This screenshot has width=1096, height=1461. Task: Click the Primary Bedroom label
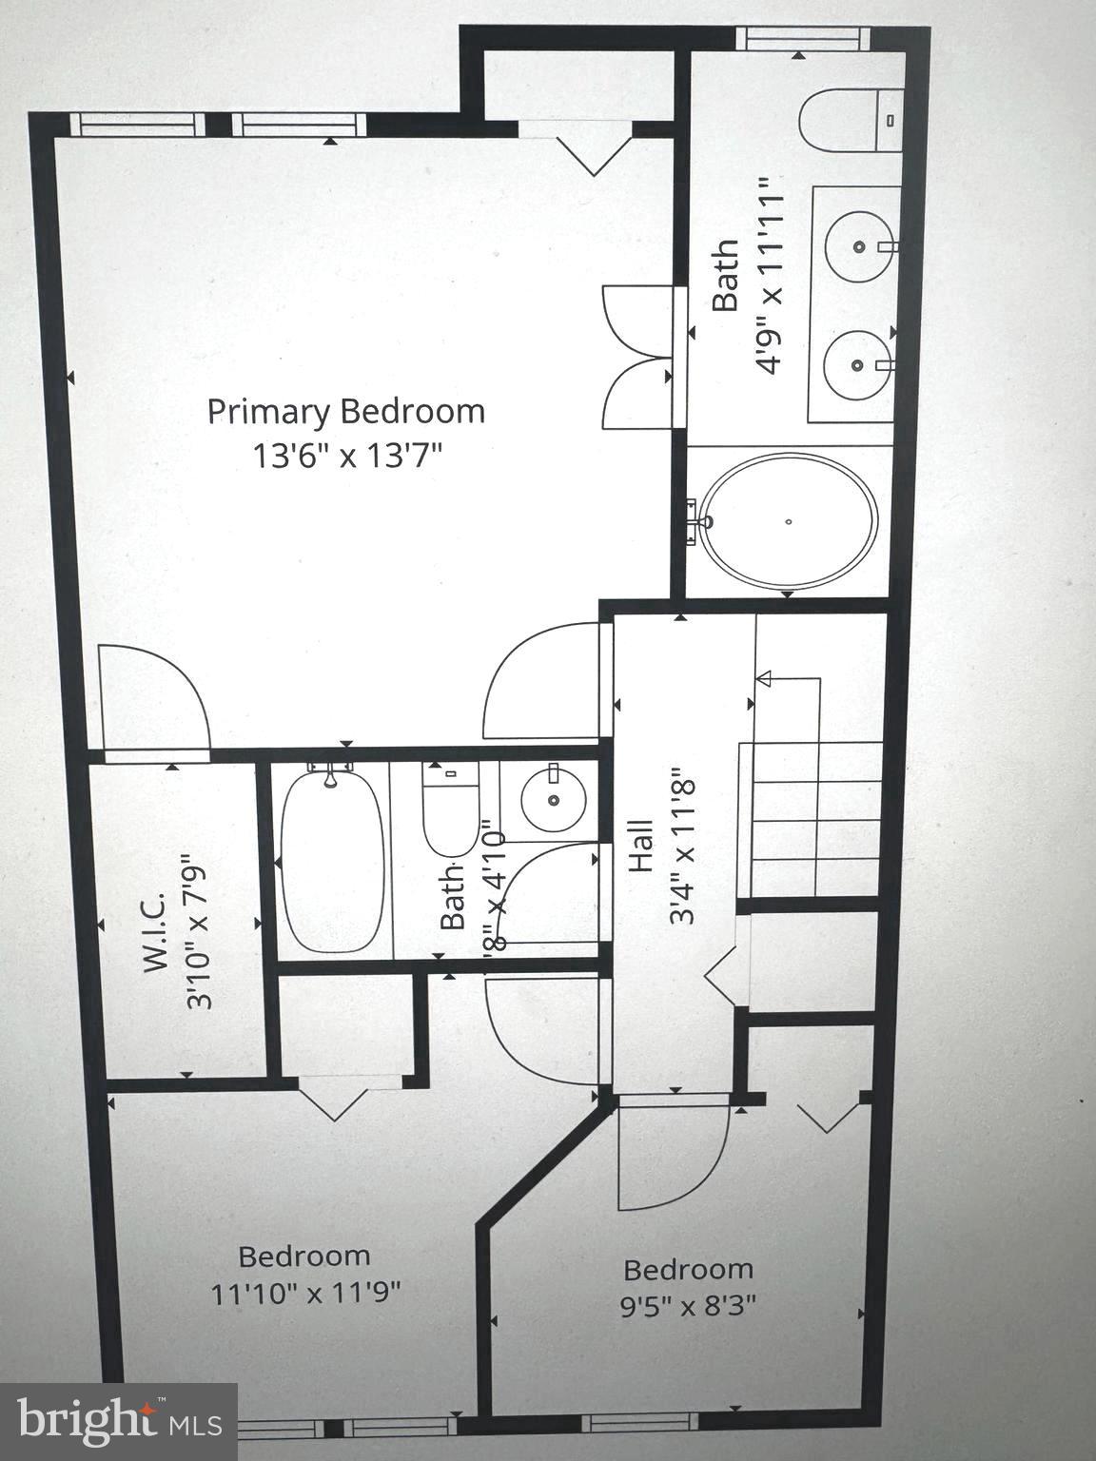346,412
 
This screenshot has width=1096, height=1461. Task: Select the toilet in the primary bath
848,120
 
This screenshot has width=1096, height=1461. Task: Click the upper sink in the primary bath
859,245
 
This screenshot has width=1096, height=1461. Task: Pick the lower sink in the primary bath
858,364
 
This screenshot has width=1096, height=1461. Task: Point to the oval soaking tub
788,520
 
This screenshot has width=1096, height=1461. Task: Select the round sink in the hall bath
553,800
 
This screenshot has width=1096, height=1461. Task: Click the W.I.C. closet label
155,932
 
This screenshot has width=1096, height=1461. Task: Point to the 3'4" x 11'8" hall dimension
683,847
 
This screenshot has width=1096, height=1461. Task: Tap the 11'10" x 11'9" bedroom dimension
305,1294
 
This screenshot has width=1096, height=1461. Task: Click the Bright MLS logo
118,1421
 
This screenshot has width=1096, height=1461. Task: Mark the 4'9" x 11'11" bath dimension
770,275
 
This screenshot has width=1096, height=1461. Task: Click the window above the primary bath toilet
804,39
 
